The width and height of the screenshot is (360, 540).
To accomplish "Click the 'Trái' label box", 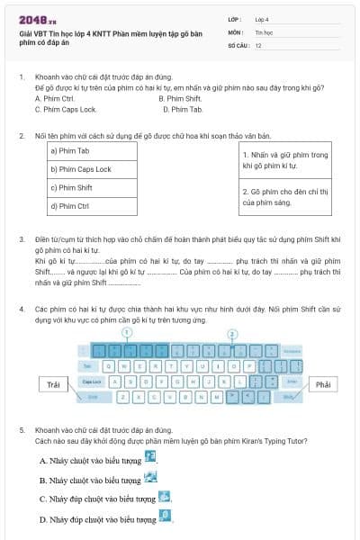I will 54,384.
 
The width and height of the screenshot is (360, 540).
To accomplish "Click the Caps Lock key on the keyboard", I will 91,382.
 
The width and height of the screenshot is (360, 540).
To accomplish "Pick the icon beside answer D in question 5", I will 165,517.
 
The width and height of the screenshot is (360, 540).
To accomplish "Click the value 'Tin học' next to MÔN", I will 264,31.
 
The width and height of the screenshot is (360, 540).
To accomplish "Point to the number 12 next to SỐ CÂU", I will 258,44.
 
